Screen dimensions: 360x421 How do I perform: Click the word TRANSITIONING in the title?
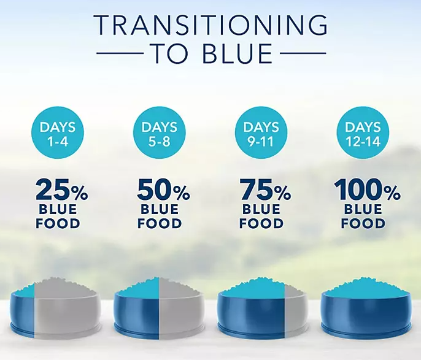pos(210,25)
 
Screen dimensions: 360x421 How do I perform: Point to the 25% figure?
pos(61,191)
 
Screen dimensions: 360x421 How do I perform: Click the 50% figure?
pos(163,191)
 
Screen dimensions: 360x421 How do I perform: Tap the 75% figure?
pos(265,191)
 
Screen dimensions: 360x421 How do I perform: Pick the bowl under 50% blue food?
pos(159,310)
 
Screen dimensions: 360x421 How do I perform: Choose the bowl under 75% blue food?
pos(261,310)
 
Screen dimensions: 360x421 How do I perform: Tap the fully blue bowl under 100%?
pos(363,310)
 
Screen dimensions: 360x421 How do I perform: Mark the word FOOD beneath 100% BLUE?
pos(364,223)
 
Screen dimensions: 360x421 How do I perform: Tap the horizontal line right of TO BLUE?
pos(301,53)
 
